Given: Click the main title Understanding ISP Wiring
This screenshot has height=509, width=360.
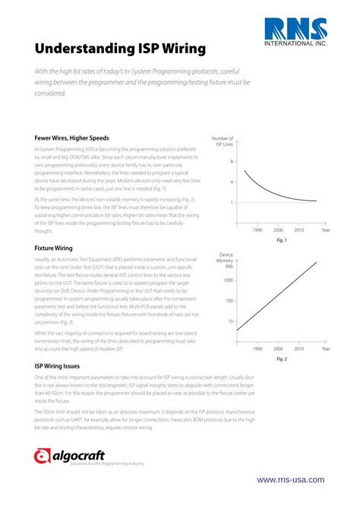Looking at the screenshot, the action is pyautogui.click(x=120, y=49).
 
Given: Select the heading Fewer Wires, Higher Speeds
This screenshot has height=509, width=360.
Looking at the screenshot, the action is pyautogui.click(x=72, y=138).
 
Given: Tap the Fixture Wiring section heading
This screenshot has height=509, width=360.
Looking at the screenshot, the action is pyautogui.click(x=54, y=248).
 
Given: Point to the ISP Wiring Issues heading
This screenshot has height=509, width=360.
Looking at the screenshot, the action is pyautogui.click(x=61, y=365).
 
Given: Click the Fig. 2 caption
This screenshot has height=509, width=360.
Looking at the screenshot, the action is pyautogui.click(x=281, y=358).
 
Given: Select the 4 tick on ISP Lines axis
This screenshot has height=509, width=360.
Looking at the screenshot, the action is pyautogui.click(x=232, y=182).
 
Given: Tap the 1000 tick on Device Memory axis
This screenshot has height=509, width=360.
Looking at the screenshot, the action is pyautogui.click(x=229, y=280).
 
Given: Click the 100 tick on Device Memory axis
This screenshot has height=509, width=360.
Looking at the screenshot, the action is pyautogui.click(x=230, y=301).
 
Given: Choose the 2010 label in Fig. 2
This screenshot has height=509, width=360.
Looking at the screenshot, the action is pyautogui.click(x=299, y=349).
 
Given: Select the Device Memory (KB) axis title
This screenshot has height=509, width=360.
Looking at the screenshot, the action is pyautogui.click(x=226, y=260).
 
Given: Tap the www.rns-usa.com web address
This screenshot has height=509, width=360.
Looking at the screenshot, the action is pyautogui.click(x=291, y=479).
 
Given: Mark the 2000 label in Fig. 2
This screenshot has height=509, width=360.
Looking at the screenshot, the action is pyautogui.click(x=278, y=349).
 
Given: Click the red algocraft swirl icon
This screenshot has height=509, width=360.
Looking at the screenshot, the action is pyautogui.click(x=43, y=457).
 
